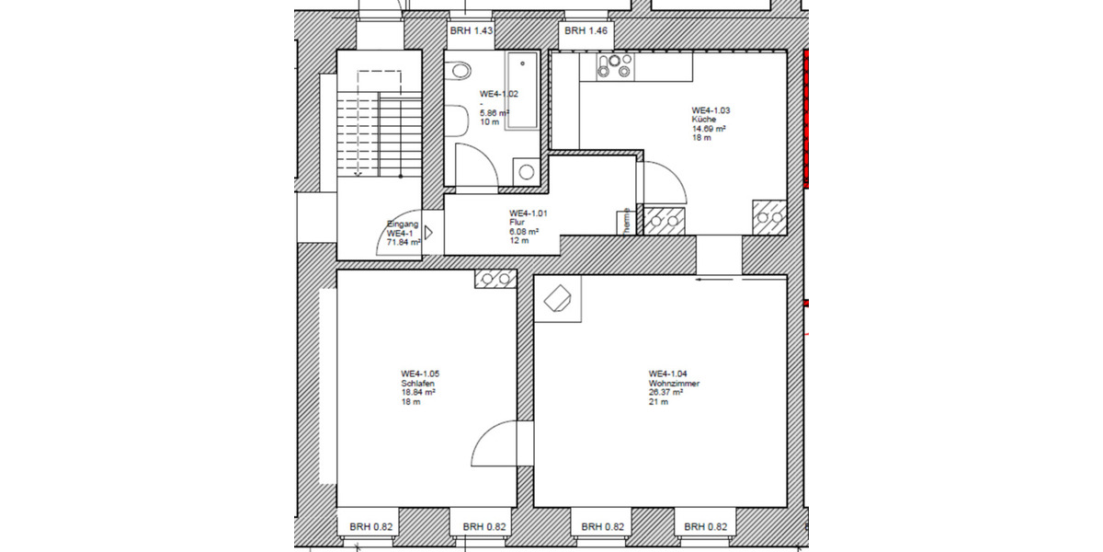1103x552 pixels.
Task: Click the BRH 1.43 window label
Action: (x=472, y=31)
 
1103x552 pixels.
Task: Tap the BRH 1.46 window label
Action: (x=586, y=31)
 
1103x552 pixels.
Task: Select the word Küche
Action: (x=704, y=120)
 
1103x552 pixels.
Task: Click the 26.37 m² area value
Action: (x=665, y=392)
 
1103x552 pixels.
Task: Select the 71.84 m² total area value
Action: (x=404, y=242)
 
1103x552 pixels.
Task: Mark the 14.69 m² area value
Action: (x=710, y=130)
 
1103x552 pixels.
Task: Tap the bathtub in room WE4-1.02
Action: (x=522, y=90)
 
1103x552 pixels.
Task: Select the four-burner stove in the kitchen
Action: (x=614, y=65)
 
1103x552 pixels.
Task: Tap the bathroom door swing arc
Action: (x=478, y=166)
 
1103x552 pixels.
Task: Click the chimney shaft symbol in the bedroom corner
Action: (x=495, y=279)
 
